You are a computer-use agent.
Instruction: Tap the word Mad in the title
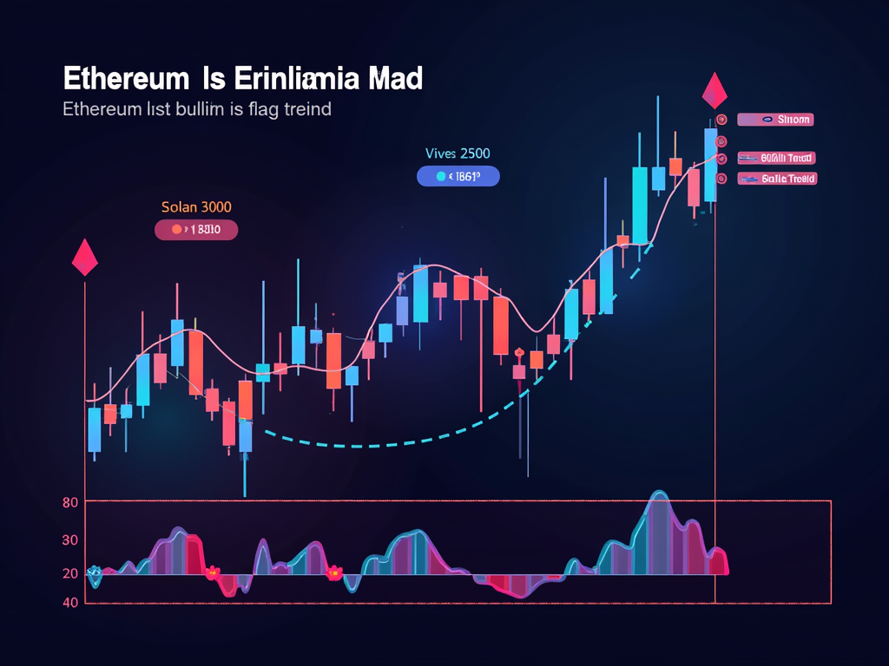pyautogui.click(x=394, y=80)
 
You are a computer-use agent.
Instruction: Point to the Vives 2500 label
pyautogui.click(x=458, y=153)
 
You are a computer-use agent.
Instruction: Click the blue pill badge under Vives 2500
pyautogui.click(x=458, y=176)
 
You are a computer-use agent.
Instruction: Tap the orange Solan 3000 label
pyautogui.click(x=196, y=207)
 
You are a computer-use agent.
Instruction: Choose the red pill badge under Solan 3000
pyautogui.click(x=195, y=230)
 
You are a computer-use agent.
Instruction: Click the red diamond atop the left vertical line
pyautogui.click(x=85, y=257)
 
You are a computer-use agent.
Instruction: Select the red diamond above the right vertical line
pyautogui.click(x=714, y=91)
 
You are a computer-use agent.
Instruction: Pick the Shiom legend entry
pyautogui.click(x=774, y=120)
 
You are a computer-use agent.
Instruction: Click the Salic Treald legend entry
pyautogui.click(x=776, y=179)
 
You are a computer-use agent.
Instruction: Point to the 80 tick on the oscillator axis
pyautogui.click(x=71, y=502)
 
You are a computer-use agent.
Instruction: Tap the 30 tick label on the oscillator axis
pyautogui.click(x=70, y=540)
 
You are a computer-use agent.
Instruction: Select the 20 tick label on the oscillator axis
pyautogui.click(x=70, y=573)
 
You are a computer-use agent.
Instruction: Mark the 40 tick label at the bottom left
pyautogui.click(x=70, y=602)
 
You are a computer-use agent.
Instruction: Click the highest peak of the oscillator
pyautogui.click(x=660, y=494)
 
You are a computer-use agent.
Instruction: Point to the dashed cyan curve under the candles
pyautogui.click(x=365, y=445)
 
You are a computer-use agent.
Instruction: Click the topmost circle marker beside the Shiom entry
pyautogui.click(x=721, y=121)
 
